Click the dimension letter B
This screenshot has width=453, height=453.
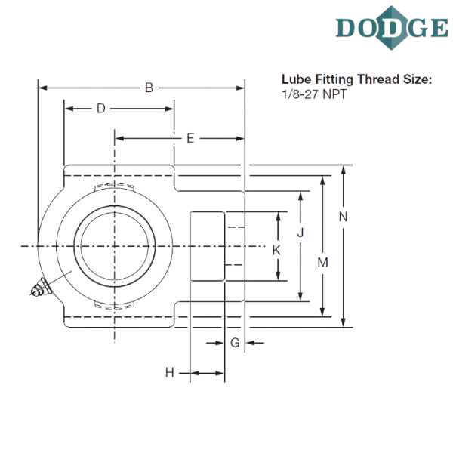click(x=149, y=89)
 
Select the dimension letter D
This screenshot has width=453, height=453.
click(x=100, y=109)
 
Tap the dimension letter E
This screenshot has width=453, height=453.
click(x=191, y=138)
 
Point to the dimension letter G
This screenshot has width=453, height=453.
click(x=236, y=344)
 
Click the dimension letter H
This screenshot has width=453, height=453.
click(x=170, y=372)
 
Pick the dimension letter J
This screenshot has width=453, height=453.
click(x=300, y=233)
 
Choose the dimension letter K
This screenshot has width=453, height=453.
click(x=276, y=249)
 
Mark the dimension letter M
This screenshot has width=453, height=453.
click(x=322, y=263)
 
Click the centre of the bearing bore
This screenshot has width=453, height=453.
click(x=115, y=246)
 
